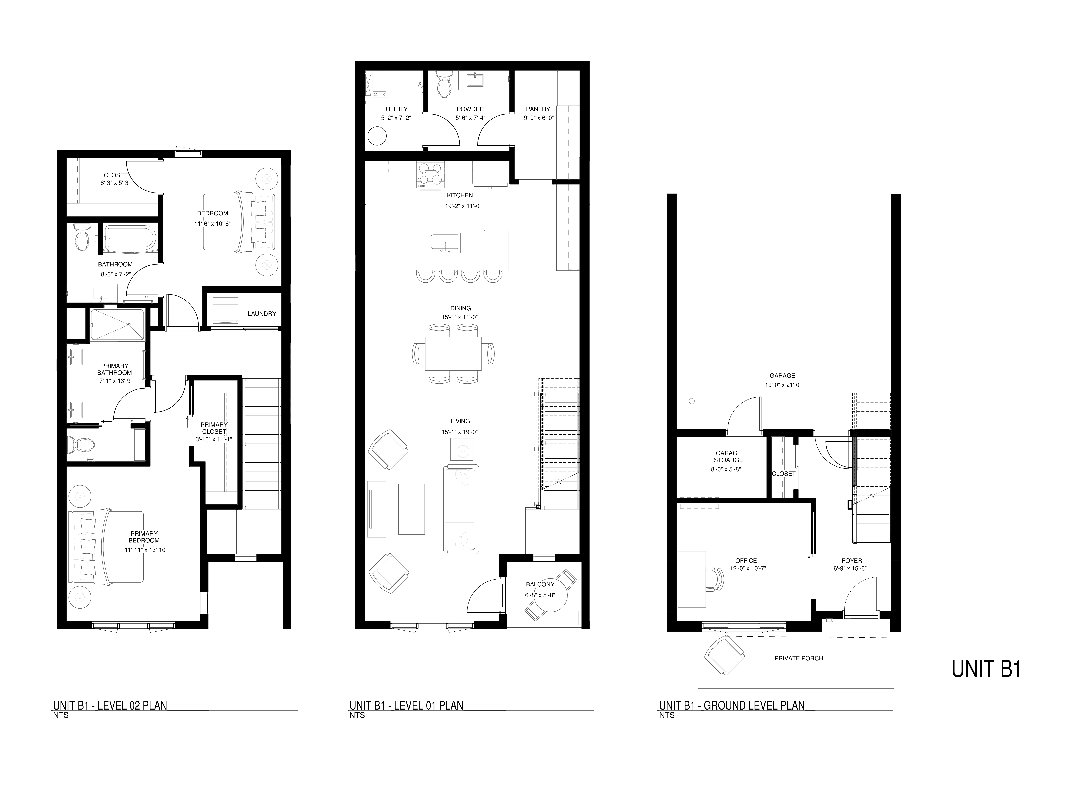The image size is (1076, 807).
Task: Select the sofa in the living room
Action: [x=461, y=508]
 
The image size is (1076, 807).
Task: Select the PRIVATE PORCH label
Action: [x=799, y=658]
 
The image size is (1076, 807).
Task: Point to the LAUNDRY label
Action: [x=262, y=314]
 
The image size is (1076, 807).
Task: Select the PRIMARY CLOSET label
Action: [x=214, y=428]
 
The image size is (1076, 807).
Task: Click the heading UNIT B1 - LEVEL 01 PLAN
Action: [x=406, y=705]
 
